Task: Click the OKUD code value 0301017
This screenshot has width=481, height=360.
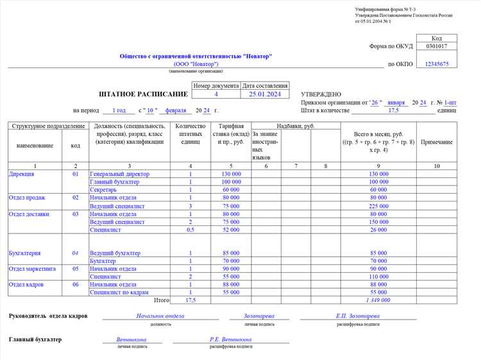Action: (437, 46)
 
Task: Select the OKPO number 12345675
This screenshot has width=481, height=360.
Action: (437, 64)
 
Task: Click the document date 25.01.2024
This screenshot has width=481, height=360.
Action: (265, 94)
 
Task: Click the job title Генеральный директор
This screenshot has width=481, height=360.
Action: (120, 174)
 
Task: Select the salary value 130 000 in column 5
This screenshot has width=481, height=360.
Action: (231, 174)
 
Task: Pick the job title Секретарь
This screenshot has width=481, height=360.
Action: (103, 190)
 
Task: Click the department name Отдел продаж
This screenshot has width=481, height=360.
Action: (26, 198)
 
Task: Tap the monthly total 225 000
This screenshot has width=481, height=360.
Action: (378, 207)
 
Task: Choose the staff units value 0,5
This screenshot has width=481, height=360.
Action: (190, 230)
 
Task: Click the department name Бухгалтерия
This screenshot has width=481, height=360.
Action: (24, 253)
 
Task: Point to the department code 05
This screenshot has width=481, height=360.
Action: (76, 269)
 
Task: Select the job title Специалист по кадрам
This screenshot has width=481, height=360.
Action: (119, 292)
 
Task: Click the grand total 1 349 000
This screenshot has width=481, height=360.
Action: (378, 300)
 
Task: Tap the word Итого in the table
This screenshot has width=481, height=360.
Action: (162, 300)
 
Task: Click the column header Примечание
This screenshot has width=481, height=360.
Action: (436, 142)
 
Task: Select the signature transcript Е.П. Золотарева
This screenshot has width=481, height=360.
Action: (357, 316)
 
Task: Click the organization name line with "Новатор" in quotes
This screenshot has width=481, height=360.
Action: (196, 56)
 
